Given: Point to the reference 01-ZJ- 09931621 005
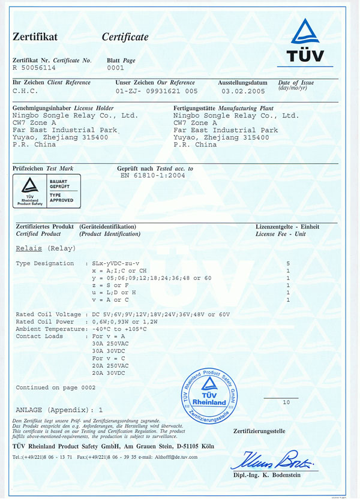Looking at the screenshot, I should point(157,91).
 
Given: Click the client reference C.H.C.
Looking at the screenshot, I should point(25,91).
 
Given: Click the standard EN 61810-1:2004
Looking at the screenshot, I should point(153,176).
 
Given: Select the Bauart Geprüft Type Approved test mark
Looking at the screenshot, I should point(47,191).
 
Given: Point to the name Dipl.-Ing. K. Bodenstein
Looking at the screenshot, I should point(275,476).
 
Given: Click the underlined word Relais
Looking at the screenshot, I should point(28,247).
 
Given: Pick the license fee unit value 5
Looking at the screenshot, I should point(289,263).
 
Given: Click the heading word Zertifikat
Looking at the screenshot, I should point(35,37).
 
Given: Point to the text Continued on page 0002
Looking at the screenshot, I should point(55,387).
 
